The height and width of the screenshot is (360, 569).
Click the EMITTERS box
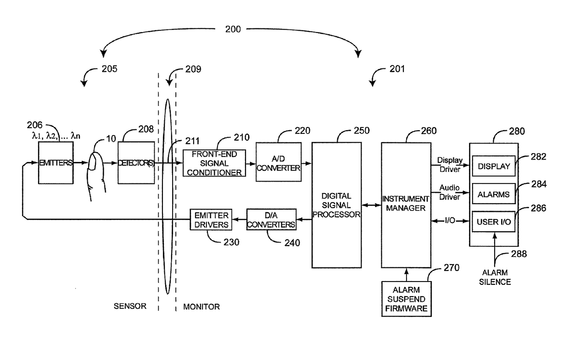(56, 163)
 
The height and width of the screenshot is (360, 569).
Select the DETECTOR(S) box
(136, 163)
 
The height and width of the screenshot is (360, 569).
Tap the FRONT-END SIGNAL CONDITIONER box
(214, 163)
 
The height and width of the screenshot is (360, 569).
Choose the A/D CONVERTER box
(279, 162)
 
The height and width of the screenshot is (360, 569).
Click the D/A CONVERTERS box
(271, 220)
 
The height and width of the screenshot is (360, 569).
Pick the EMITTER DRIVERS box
(211, 220)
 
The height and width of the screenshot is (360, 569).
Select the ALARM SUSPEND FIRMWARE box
(406, 299)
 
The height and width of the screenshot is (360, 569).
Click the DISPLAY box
(494, 166)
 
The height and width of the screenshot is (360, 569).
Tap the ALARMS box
(494, 194)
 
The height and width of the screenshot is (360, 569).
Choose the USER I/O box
(494, 222)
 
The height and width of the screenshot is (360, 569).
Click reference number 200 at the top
(233, 29)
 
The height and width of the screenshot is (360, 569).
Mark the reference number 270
(452, 267)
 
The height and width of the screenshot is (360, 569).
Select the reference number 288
(519, 254)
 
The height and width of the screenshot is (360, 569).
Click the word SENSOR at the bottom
(130, 306)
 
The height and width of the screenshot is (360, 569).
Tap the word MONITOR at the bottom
(201, 307)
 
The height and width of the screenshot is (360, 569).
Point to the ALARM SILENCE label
(495, 277)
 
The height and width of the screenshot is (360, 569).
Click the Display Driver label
(450, 165)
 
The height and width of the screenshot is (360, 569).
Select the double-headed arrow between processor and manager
(371, 205)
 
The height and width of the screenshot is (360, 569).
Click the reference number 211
(192, 141)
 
